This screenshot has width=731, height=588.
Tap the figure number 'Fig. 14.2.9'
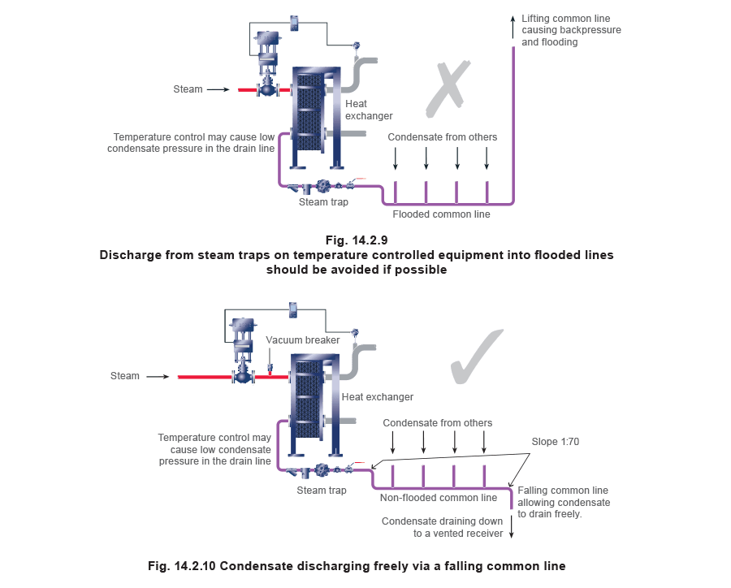[x=357, y=240]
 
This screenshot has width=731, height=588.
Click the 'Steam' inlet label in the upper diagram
[x=188, y=89]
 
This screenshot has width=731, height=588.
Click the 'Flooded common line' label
[x=442, y=215]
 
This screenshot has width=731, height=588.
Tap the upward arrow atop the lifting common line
[x=513, y=23]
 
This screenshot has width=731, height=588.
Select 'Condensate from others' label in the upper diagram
[x=441, y=137]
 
